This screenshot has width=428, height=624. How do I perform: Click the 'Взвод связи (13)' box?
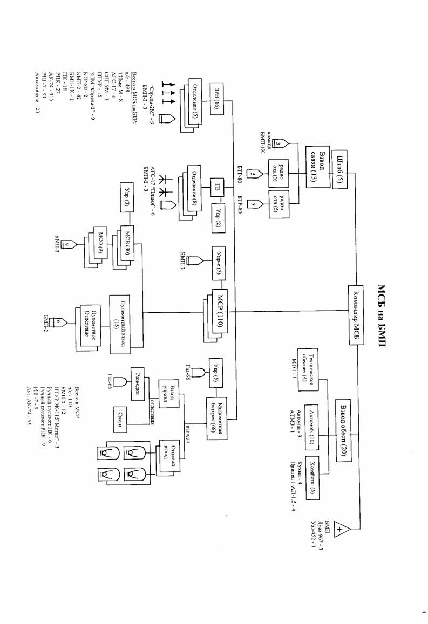pyautogui.click(x=317, y=167)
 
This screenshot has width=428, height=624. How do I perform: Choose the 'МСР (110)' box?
pyautogui.click(x=221, y=312)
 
